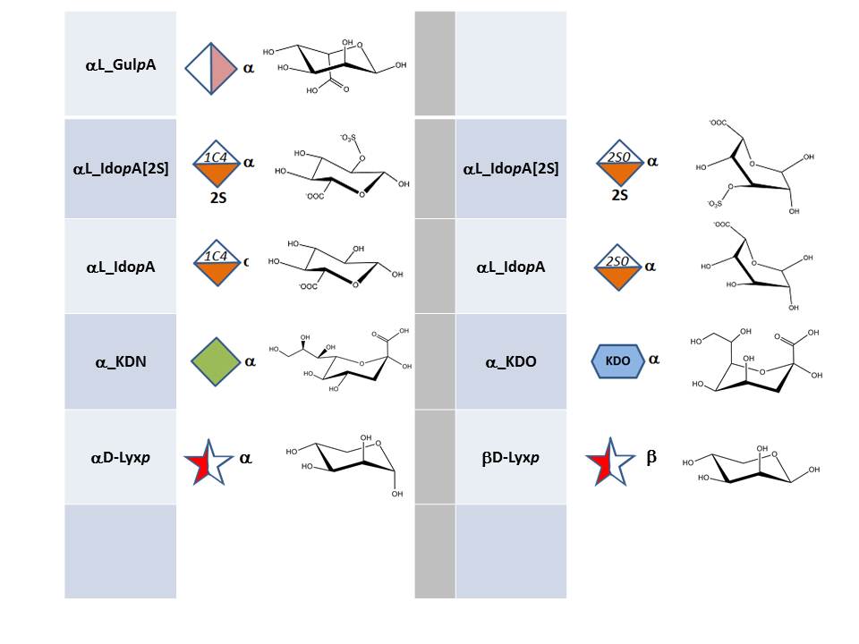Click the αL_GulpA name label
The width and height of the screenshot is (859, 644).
[x=121, y=64]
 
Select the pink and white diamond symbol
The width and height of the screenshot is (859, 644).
[x=211, y=69]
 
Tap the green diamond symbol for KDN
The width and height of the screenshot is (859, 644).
[x=216, y=361]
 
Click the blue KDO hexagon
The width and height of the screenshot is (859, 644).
[x=617, y=360]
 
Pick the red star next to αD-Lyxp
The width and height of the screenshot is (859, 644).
[x=208, y=462]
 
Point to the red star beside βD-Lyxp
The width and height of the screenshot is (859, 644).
[x=609, y=462]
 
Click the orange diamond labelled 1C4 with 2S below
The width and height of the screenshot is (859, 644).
[x=217, y=163]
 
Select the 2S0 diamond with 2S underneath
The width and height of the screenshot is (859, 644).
[x=619, y=162]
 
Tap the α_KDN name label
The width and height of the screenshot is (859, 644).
[x=121, y=362]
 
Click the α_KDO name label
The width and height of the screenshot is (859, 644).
[x=511, y=362]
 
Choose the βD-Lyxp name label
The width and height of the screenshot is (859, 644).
[x=511, y=458]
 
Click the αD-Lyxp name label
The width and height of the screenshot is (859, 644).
[x=121, y=458]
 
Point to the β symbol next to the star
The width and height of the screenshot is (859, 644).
[x=651, y=457]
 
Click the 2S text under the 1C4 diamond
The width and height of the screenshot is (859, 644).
[x=218, y=198]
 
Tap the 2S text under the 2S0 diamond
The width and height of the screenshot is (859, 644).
[x=619, y=195]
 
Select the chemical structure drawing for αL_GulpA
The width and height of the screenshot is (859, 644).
[x=335, y=66]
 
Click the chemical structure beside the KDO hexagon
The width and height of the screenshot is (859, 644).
[x=757, y=360]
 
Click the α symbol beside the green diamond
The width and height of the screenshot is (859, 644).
[x=250, y=361]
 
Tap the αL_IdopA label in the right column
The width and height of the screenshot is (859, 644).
[x=511, y=267]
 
